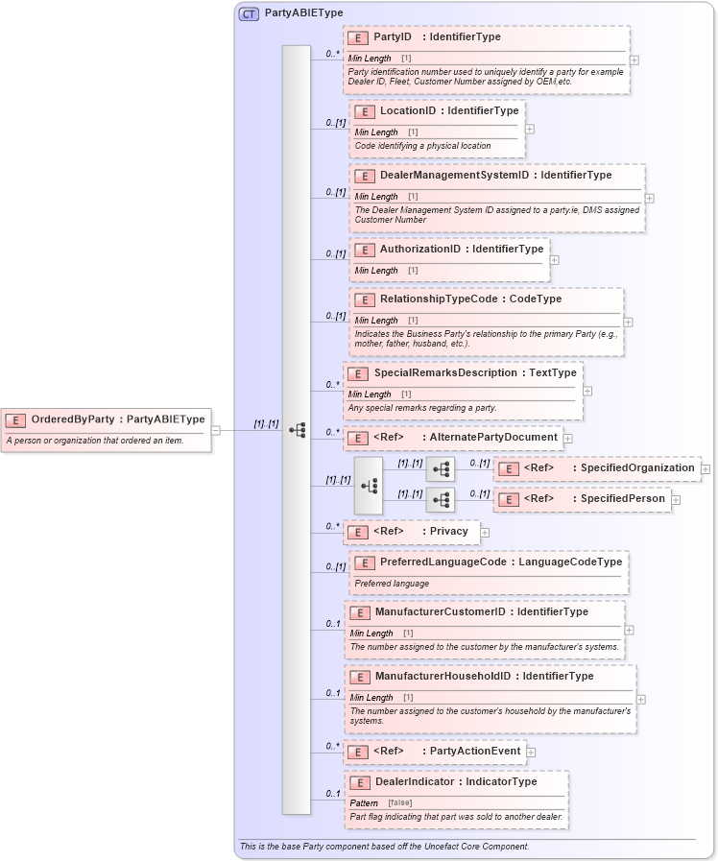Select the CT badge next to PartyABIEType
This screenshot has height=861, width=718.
pyautogui.click(x=249, y=13)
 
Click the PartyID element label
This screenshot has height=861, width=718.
pyautogui.click(x=393, y=37)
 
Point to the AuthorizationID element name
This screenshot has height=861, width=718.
pyautogui.click(x=420, y=250)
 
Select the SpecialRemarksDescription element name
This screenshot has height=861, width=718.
pyautogui.click(x=446, y=373)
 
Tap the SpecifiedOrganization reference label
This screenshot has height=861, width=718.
pyautogui.click(x=633, y=468)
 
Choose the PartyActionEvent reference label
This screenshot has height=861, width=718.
pyautogui.click(x=475, y=752)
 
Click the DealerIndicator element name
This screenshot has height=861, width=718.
pyautogui.click(x=416, y=782)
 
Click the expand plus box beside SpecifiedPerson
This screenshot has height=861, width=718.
pyautogui.click(x=676, y=499)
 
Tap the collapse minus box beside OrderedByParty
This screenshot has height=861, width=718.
pyautogui.click(x=215, y=430)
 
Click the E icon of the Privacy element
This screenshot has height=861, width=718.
pyautogui.click(x=357, y=532)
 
